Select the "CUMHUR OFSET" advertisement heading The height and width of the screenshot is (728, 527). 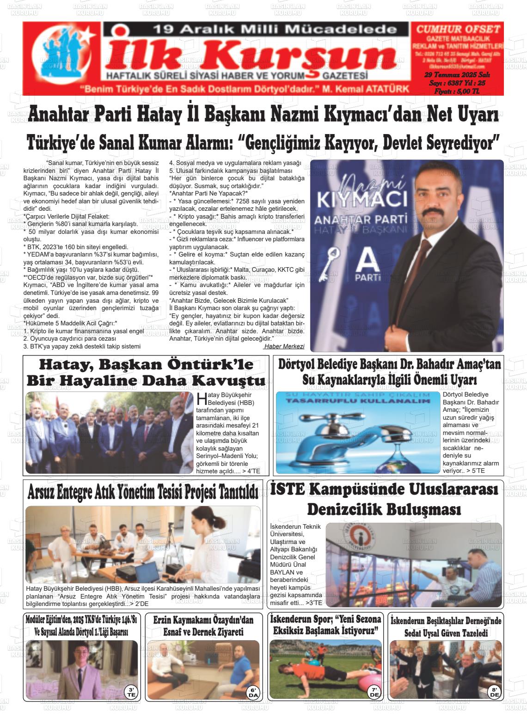pos(458,29)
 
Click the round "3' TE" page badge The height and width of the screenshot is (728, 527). pos(131,692)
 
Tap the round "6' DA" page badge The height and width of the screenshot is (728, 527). pos(253,692)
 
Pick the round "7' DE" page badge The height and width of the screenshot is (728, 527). pos(374,692)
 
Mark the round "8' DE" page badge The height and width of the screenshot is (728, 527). pos(494,692)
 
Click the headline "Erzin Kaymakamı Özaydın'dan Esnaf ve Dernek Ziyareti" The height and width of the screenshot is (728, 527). pos(203,626)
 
